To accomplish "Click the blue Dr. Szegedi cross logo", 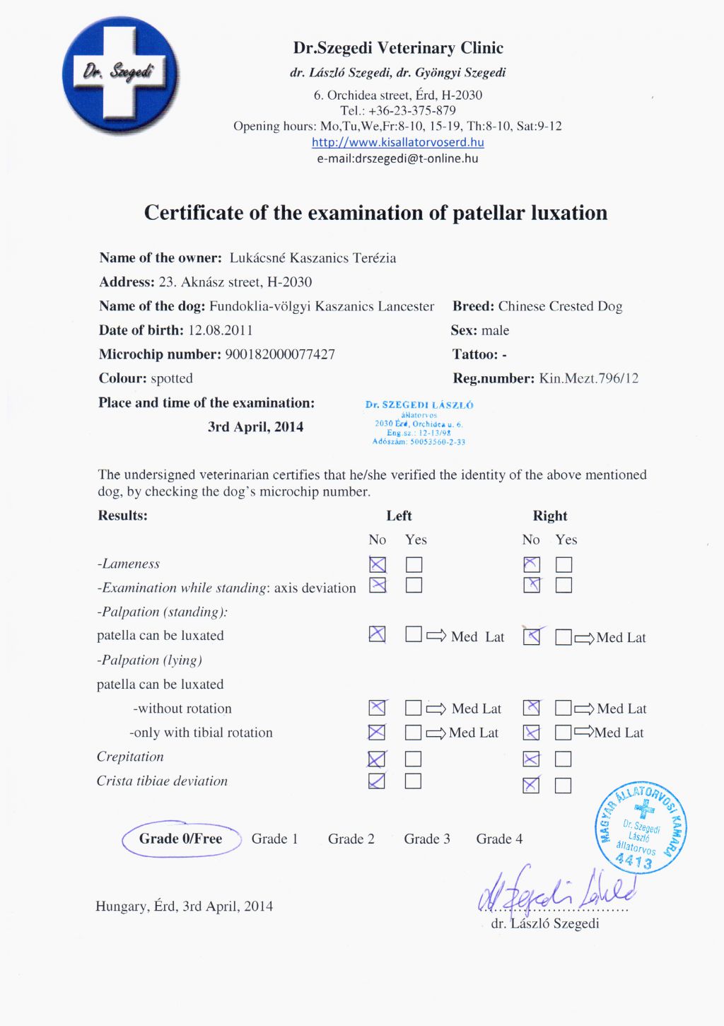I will click(120, 76).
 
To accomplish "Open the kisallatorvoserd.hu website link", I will click(397, 142).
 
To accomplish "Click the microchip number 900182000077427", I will click(280, 354).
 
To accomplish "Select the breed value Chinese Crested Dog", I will click(560, 306).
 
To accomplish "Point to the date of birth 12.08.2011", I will click(220, 330).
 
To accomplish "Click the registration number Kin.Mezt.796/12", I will click(588, 378).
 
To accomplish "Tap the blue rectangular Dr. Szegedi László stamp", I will click(419, 423).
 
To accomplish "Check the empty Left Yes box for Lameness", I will click(414, 564).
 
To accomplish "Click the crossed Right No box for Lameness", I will click(531, 564).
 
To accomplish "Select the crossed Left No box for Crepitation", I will click(377, 759).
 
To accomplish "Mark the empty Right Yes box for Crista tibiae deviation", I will click(564, 785).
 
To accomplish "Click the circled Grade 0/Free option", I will click(180, 839).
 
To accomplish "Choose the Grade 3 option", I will click(427, 839).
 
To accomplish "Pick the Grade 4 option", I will click(499, 839).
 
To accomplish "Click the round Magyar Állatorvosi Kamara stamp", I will click(641, 828).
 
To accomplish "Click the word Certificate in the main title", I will click(193, 213).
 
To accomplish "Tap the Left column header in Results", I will click(399, 516).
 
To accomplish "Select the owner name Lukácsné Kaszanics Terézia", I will click(313, 258).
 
